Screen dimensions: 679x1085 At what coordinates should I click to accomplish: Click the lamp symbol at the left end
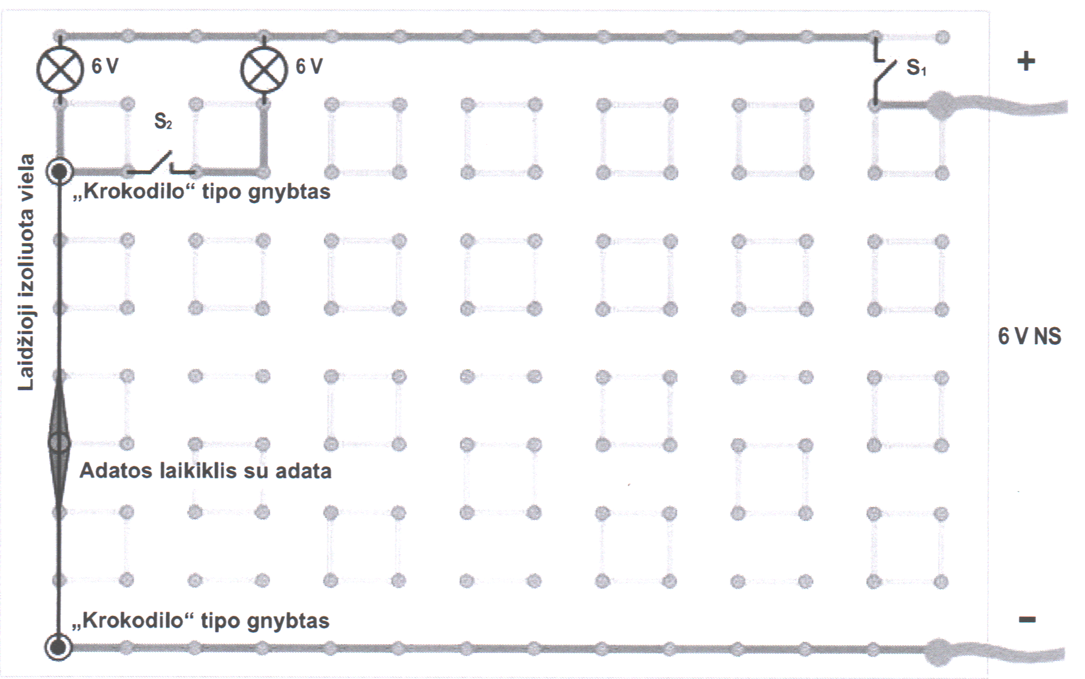(60, 69)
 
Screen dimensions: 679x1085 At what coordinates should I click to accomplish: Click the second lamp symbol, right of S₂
(264, 69)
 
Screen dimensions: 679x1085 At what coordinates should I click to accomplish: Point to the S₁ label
(916, 67)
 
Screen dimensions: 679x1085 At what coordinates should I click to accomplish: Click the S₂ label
(163, 121)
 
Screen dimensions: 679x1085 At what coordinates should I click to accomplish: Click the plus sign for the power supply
(1026, 61)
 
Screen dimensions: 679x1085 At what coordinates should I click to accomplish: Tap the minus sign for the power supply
(1027, 619)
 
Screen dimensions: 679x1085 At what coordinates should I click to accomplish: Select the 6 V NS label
(1029, 337)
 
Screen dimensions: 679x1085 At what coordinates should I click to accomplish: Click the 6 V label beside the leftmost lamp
(105, 66)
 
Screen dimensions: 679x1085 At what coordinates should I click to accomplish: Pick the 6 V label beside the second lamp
(309, 66)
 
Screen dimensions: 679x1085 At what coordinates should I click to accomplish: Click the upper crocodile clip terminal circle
(60, 172)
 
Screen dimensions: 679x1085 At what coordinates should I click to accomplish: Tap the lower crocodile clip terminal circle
(58, 647)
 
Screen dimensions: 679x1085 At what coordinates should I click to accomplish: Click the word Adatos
(116, 471)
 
